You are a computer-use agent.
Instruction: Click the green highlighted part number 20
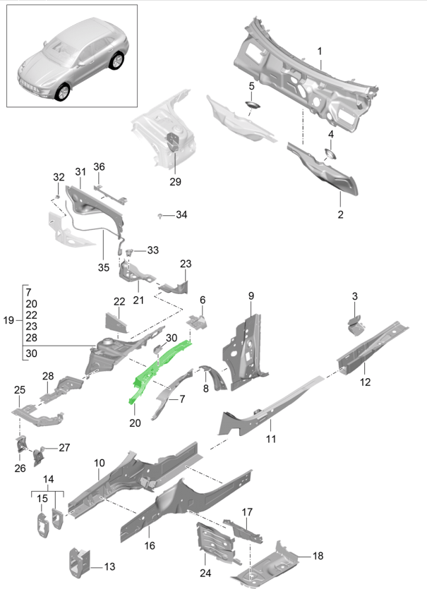159,370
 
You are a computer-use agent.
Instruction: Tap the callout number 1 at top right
320,51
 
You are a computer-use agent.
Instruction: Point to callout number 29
175,181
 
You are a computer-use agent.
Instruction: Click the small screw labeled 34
162,214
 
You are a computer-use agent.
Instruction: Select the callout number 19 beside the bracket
8,320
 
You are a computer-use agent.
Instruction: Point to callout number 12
365,383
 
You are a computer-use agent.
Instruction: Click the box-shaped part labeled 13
80,559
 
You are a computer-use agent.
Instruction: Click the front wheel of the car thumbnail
63,92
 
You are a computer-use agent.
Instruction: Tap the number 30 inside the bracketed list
30,354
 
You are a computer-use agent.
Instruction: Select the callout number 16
149,546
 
